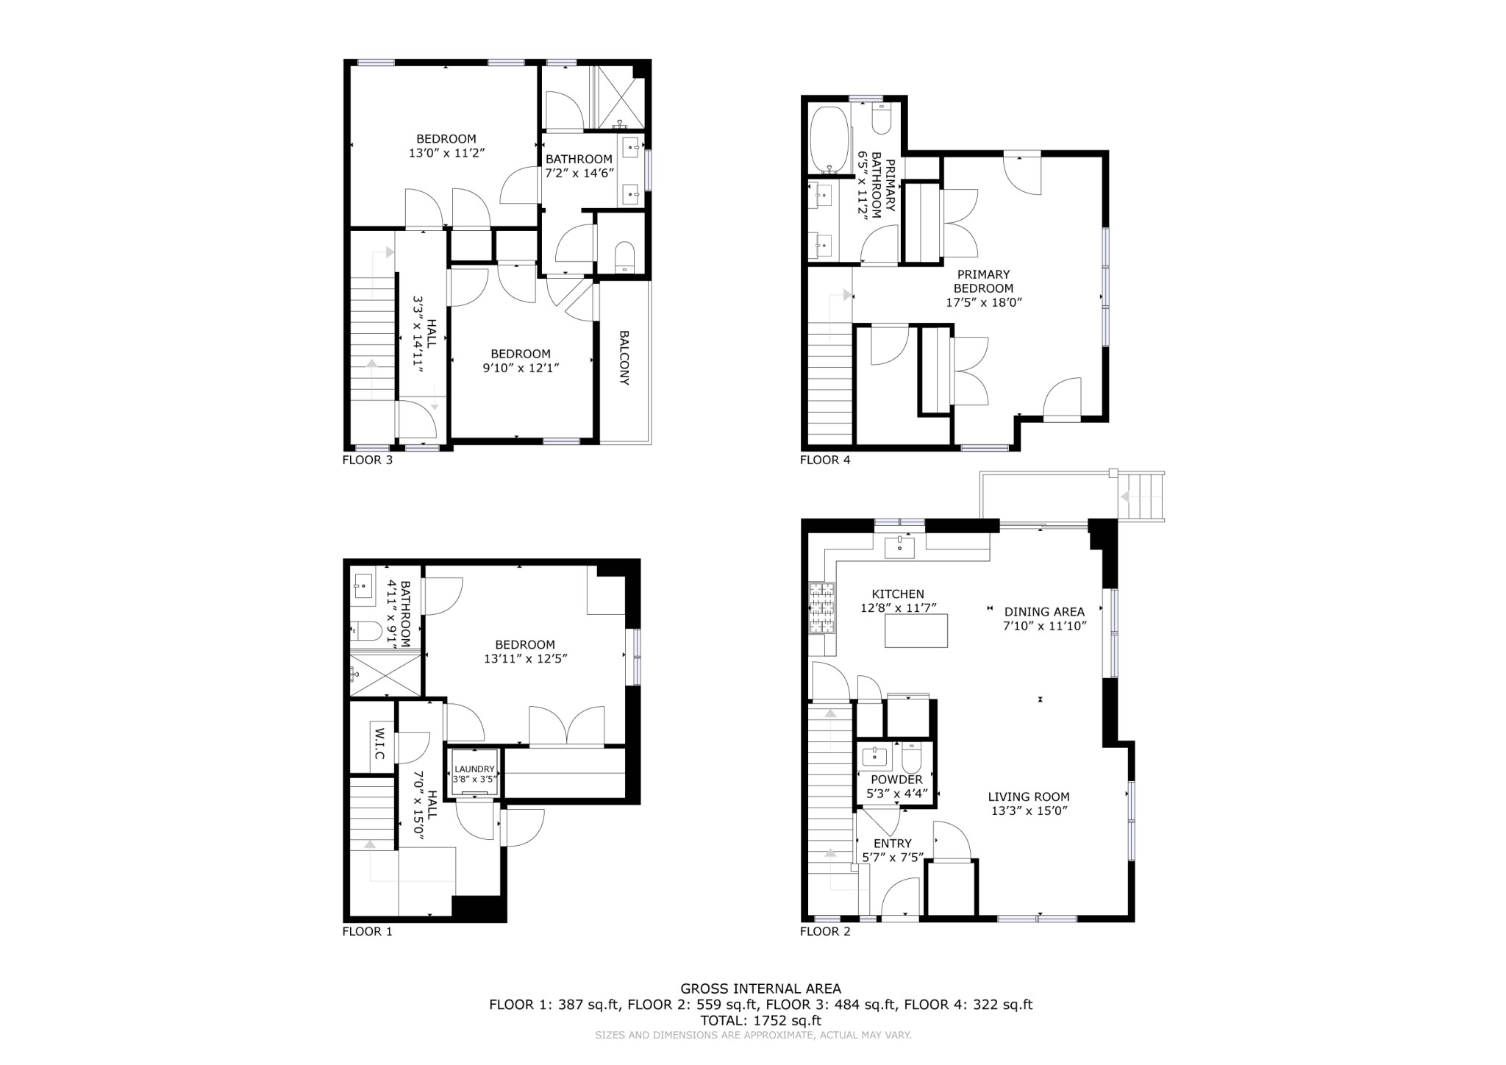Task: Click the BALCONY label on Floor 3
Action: coord(624,357)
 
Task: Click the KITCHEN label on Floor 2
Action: coord(898,594)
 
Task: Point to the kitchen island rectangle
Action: coord(916,631)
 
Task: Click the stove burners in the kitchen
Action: coord(822,608)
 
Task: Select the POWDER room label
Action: coord(896,780)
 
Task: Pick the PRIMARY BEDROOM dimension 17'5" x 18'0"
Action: coord(983,302)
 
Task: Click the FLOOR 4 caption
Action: coord(824,460)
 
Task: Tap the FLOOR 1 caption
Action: coord(367,932)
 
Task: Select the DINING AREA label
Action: coord(1044,612)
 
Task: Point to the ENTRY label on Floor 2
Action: coord(892,844)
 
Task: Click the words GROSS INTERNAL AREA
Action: coord(760,989)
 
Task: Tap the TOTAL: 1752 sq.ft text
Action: coord(760,1020)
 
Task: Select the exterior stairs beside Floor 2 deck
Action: coord(1141,496)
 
